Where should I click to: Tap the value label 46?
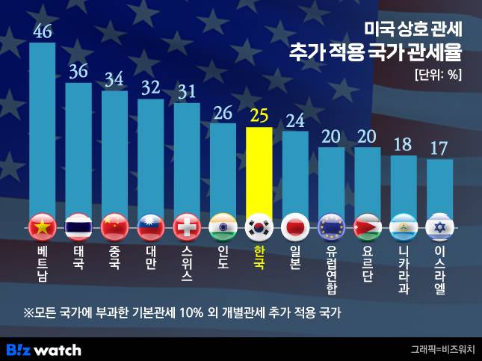coord(43,31)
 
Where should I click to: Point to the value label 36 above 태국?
coord(78,72)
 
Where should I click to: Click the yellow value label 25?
coord(259,116)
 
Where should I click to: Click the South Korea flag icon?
coord(259,226)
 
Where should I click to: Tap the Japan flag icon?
coord(294,226)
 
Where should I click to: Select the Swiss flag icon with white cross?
coord(186,226)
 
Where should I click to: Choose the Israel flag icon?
coord(439,226)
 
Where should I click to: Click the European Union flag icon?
coord(331,226)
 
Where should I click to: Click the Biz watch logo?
coord(43,349)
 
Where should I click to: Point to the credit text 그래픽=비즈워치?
coord(442,350)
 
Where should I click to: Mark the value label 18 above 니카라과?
coord(404,144)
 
